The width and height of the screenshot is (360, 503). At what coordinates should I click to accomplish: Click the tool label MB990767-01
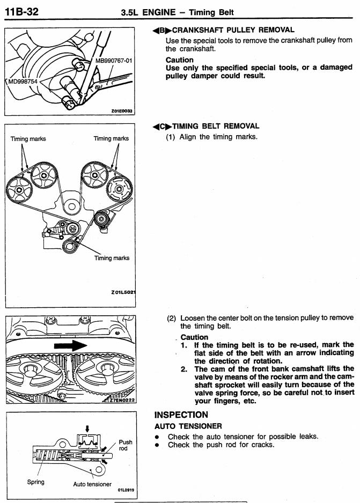(113, 61)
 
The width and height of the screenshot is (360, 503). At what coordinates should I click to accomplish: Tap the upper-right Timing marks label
(111, 138)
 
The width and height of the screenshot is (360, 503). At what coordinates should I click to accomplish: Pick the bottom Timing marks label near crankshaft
(112, 258)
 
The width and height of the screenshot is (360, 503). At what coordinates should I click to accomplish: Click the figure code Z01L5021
(122, 292)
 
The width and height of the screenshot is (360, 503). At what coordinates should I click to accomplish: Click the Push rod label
(126, 446)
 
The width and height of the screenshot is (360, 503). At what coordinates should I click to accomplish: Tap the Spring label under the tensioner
(36, 482)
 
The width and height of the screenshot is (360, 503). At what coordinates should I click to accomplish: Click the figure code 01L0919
(124, 490)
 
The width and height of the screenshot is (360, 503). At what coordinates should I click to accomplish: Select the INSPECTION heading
(181, 415)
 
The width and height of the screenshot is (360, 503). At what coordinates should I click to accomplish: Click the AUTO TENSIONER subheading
(187, 426)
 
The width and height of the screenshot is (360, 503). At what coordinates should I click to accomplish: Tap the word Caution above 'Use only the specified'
(180, 60)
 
